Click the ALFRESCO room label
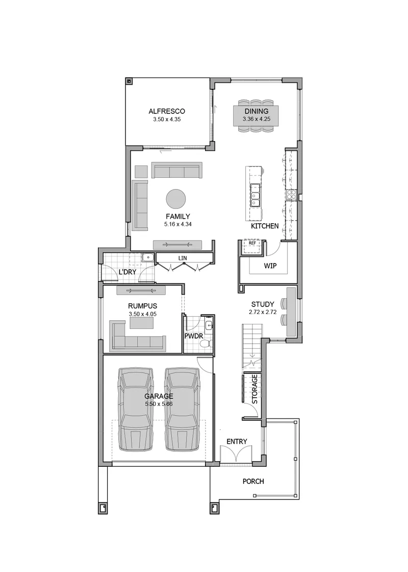pyautogui.click(x=167, y=111)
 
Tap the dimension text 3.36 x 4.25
pyautogui.click(x=257, y=119)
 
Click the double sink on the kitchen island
pyautogui.click(x=254, y=195)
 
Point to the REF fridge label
pyautogui.click(x=252, y=243)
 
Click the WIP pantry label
pyautogui.click(x=270, y=266)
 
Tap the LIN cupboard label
pyautogui.click(x=183, y=258)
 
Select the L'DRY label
pyautogui.click(x=127, y=272)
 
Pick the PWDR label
pyautogui.click(x=194, y=336)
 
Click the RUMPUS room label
pyautogui.click(x=142, y=306)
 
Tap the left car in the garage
pyautogui.click(x=136, y=410)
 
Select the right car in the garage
pyautogui.click(x=182, y=410)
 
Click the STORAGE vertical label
pyautogui.click(x=254, y=389)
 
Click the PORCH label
pyautogui.click(x=253, y=482)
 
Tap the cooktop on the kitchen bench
pyautogui.click(x=291, y=195)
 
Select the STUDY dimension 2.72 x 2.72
pyautogui.click(x=263, y=312)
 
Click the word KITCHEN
pyautogui.click(x=265, y=226)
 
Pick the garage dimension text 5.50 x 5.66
pyautogui.click(x=159, y=404)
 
